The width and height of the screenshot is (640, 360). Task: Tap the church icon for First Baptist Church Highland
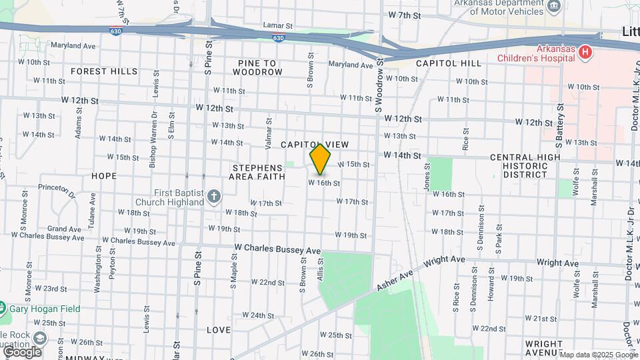(x=213, y=196)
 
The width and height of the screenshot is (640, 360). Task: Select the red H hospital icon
(x=585, y=52)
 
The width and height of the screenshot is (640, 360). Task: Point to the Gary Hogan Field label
(x=44, y=309)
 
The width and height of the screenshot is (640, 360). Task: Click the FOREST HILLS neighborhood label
(x=104, y=71)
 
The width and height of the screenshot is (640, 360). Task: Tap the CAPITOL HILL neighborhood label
(x=448, y=63)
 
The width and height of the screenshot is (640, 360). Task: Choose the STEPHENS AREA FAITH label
(x=257, y=172)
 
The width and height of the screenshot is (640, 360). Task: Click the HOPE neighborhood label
(x=103, y=176)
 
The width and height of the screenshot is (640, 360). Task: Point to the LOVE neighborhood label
(x=218, y=330)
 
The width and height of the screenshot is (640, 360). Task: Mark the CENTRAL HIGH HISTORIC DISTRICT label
(x=518, y=166)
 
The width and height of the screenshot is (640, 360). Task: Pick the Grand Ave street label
(x=64, y=229)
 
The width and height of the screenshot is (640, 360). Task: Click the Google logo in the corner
(x=22, y=351)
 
